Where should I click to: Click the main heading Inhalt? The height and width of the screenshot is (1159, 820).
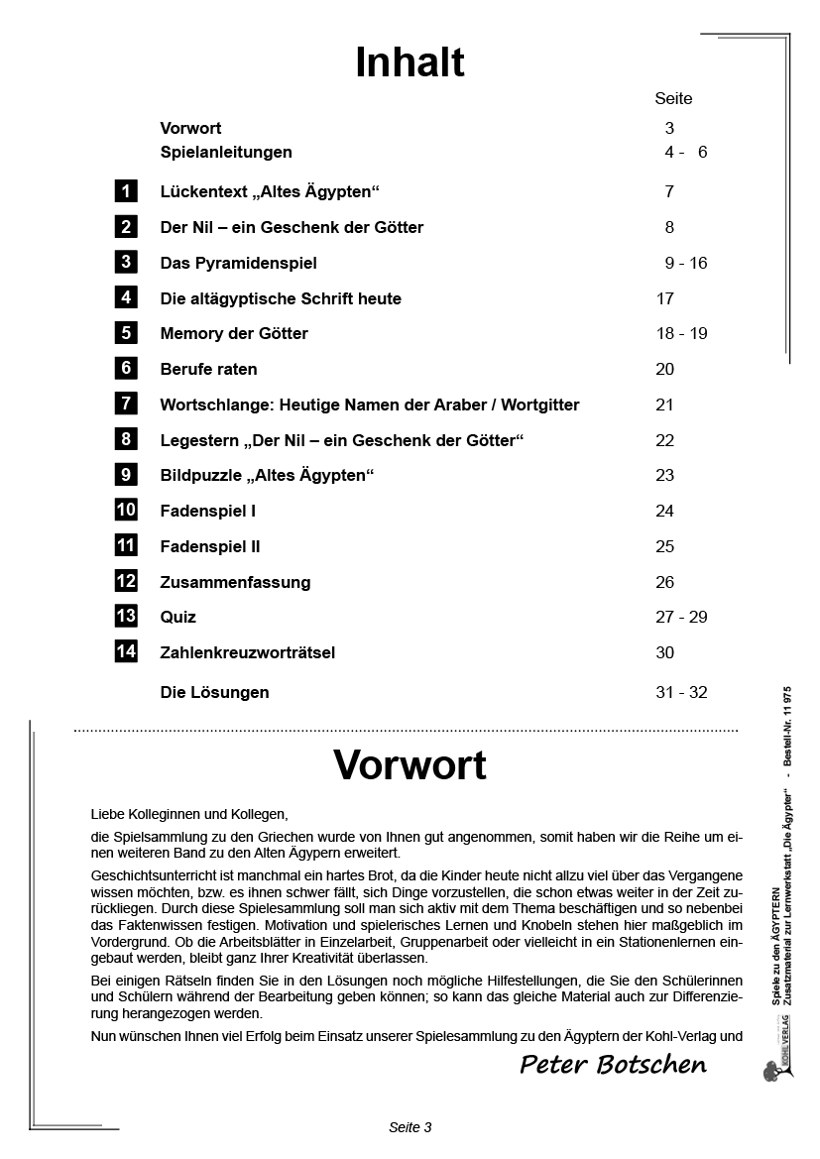point(410,62)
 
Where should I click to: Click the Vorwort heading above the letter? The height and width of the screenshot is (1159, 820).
point(410,765)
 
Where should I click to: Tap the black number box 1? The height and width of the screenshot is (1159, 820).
point(126,191)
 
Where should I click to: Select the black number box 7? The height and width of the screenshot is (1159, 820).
point(126,404)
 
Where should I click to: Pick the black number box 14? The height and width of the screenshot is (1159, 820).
point(126,651)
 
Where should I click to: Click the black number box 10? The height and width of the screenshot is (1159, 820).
point(126,510)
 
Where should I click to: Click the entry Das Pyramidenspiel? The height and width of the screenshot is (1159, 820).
point(238,263)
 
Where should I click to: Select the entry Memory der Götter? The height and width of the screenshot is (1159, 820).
point(234,333)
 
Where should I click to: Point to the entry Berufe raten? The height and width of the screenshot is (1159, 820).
point(208,369)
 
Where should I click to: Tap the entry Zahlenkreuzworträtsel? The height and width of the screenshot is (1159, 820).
point(248,652)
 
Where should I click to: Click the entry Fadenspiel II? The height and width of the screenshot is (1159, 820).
point(210,546)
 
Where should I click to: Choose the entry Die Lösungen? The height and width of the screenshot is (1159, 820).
point(214,692)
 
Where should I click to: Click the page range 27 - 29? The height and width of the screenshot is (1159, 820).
point(681,617)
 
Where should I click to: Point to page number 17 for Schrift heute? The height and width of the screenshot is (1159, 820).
point(664,298)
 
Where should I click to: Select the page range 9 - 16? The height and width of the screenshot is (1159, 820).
point(686,263)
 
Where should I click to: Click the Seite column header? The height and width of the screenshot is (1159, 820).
point(673,99)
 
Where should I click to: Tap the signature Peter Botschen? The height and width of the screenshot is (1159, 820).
point(613,1065)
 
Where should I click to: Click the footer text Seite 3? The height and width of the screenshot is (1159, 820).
point(410,1127)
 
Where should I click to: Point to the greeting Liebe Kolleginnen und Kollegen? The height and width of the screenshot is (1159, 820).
point(188,814)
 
